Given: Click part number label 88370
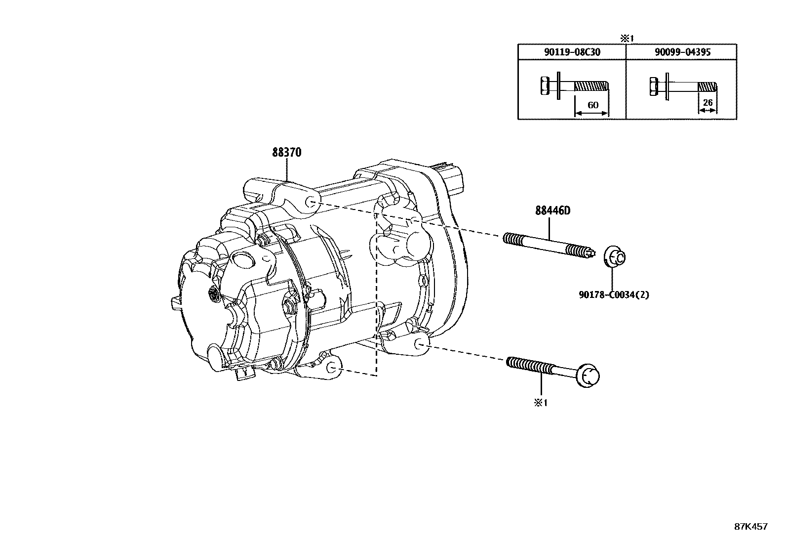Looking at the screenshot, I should [286, 153].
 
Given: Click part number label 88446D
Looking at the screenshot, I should [552, 210].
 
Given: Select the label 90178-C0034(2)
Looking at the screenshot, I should [614, 295].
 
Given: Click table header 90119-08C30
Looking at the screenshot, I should [571, 52].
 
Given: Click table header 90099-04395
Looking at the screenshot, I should [681, 52].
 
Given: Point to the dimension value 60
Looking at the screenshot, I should [592, 105].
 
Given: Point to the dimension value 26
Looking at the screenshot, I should [707, 103].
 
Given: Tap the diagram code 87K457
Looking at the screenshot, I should [750, 527].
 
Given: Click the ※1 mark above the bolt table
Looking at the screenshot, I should [627, 38].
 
